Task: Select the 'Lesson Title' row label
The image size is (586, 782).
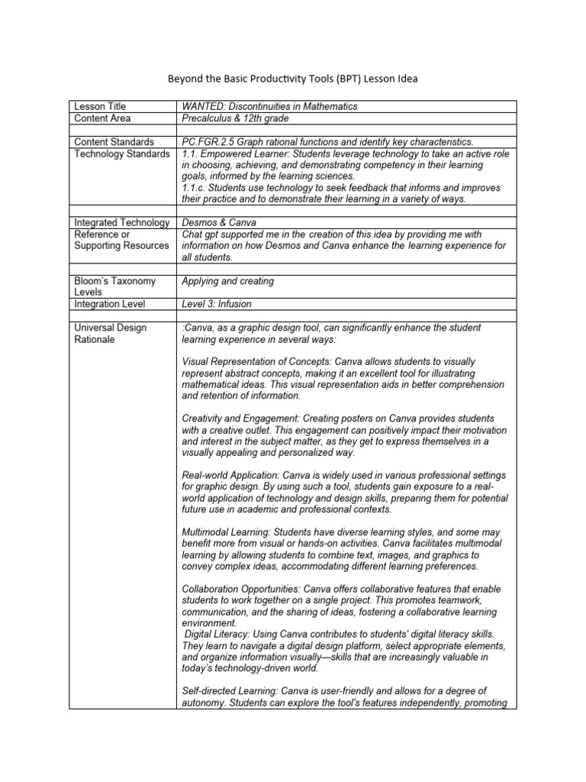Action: click(100, 106)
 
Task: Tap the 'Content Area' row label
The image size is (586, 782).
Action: click(102, 118)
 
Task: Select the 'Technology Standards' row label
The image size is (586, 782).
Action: click(121, 153)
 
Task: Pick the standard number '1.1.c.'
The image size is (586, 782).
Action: click(196, 188)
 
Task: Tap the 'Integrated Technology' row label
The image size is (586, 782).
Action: click(121, 222)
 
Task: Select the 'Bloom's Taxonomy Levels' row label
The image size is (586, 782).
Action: click(114, 286)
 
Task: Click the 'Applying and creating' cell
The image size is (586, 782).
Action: click(227, 281)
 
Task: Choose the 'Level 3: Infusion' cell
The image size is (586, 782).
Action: click(217, 304)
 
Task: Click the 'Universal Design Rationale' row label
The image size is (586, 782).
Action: click(110, 333)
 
